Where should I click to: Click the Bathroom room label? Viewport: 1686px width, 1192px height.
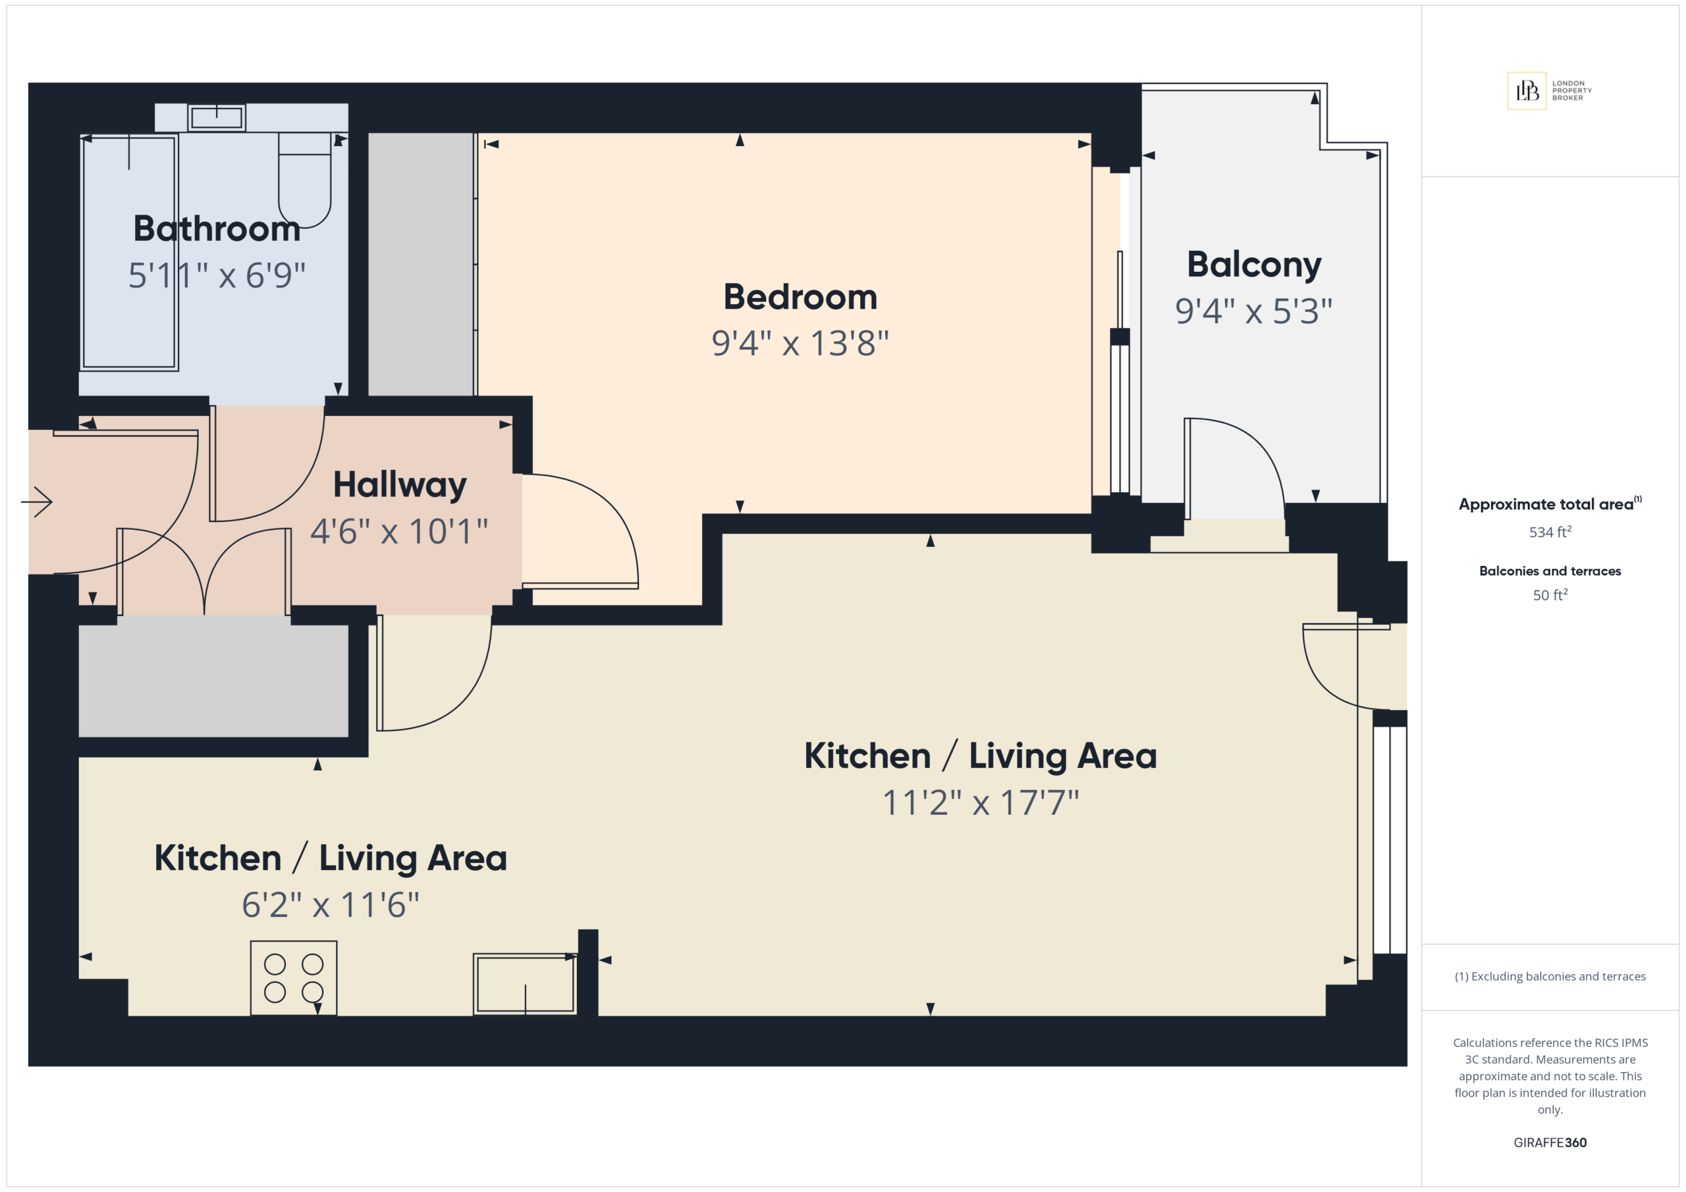pos(217,228)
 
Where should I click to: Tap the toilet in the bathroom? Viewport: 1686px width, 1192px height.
pos(305,180)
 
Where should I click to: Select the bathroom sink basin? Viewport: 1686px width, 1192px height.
pos(217,117)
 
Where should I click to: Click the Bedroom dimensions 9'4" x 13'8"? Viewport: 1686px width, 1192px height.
pos(800,343)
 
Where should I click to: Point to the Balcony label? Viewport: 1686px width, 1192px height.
pos(1254,265)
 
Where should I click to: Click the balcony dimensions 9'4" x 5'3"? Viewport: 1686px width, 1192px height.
pos(1253,311)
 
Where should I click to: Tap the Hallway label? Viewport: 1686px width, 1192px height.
pos(400,485)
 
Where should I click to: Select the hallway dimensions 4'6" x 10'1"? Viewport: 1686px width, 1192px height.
pos(398,531)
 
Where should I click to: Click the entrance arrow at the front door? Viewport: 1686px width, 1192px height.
pos(37,502)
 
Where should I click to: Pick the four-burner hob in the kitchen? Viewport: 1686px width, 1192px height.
pos(294,977)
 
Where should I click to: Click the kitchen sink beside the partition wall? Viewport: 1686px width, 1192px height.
pos(525,983)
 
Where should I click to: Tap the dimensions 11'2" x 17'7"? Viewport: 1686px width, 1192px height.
pos(981,802)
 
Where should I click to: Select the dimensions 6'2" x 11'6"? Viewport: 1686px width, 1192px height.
pos(331,905)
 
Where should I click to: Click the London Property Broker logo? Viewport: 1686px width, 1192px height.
pos(1550,90)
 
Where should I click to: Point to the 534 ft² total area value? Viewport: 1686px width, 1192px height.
pos(1550,531)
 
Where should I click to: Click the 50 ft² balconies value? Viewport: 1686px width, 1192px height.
pos(1550,594)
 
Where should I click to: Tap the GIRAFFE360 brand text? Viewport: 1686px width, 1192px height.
pos(1550,1142)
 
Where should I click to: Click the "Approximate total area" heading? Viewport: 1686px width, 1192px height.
pos(1546,504)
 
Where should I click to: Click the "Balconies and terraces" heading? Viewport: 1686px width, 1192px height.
pos(1550,571)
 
